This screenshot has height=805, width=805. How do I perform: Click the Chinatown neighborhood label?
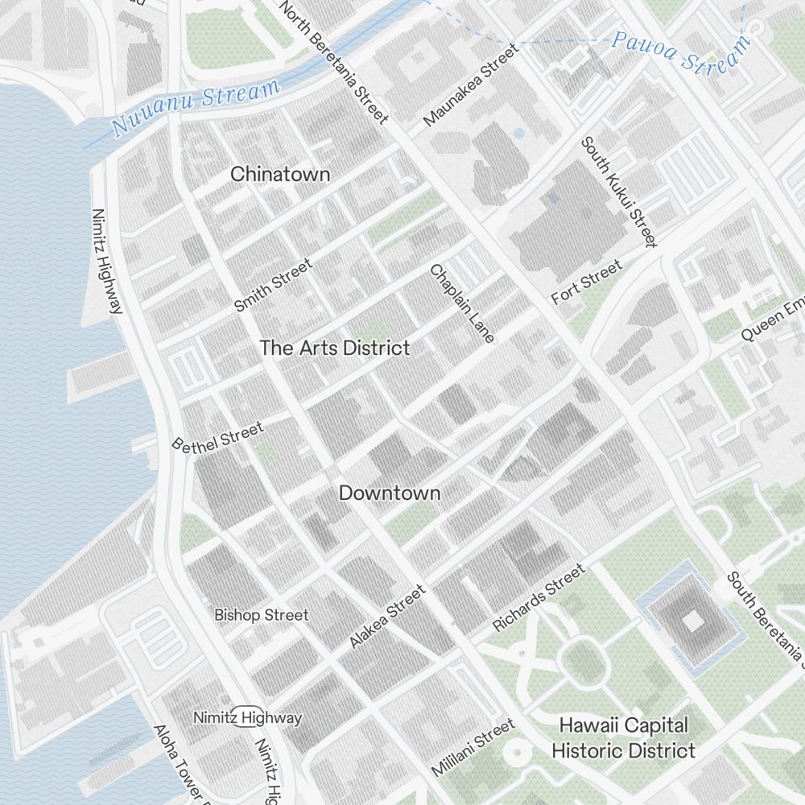click(280, 174)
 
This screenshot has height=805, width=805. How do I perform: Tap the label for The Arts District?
click(335, 348)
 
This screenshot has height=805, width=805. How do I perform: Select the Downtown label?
click(390, 493)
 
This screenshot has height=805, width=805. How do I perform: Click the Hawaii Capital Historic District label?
click(623, 737)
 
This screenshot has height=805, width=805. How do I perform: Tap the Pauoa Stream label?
click(680, 50)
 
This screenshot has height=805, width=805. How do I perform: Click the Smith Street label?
click(273, 285)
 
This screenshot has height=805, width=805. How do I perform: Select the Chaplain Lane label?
click(462, 303)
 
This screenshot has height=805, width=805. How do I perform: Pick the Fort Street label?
click(587, 283)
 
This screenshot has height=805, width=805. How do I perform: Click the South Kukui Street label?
click(619, 192)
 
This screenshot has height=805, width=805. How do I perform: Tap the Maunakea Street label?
click(471, 85)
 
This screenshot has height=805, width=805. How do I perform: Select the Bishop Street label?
click(261, 615)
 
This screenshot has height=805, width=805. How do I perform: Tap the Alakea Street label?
click(387, 617)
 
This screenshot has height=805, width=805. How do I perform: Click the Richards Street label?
click(539, 598)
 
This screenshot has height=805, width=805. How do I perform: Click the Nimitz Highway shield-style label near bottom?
click(248, 717)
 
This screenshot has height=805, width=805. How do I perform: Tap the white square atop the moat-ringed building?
click(692, 620)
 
